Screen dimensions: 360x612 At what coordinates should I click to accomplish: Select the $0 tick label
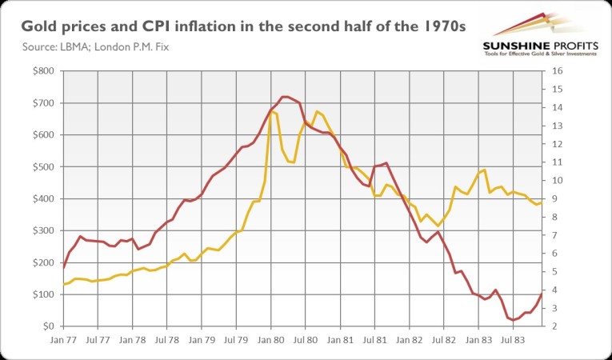pyautogui.click(x=49, y=326)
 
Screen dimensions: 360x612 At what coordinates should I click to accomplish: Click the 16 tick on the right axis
pyautogui.click(x=557, y=71)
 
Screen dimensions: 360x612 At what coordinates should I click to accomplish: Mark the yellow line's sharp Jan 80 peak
pyautogui.click(x=271, y=111)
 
